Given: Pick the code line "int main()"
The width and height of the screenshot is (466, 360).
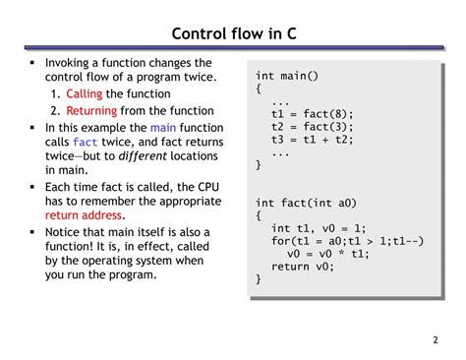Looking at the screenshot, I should tap(287, 76).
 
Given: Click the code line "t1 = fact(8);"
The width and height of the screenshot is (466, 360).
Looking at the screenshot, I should tap(312, 114).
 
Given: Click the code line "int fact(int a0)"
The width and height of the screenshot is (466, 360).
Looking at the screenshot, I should tap(305, 203).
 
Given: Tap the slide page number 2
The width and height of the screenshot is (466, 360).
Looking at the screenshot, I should tap(435, 341).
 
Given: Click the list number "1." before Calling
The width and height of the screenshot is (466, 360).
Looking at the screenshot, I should tap(56, 93).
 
